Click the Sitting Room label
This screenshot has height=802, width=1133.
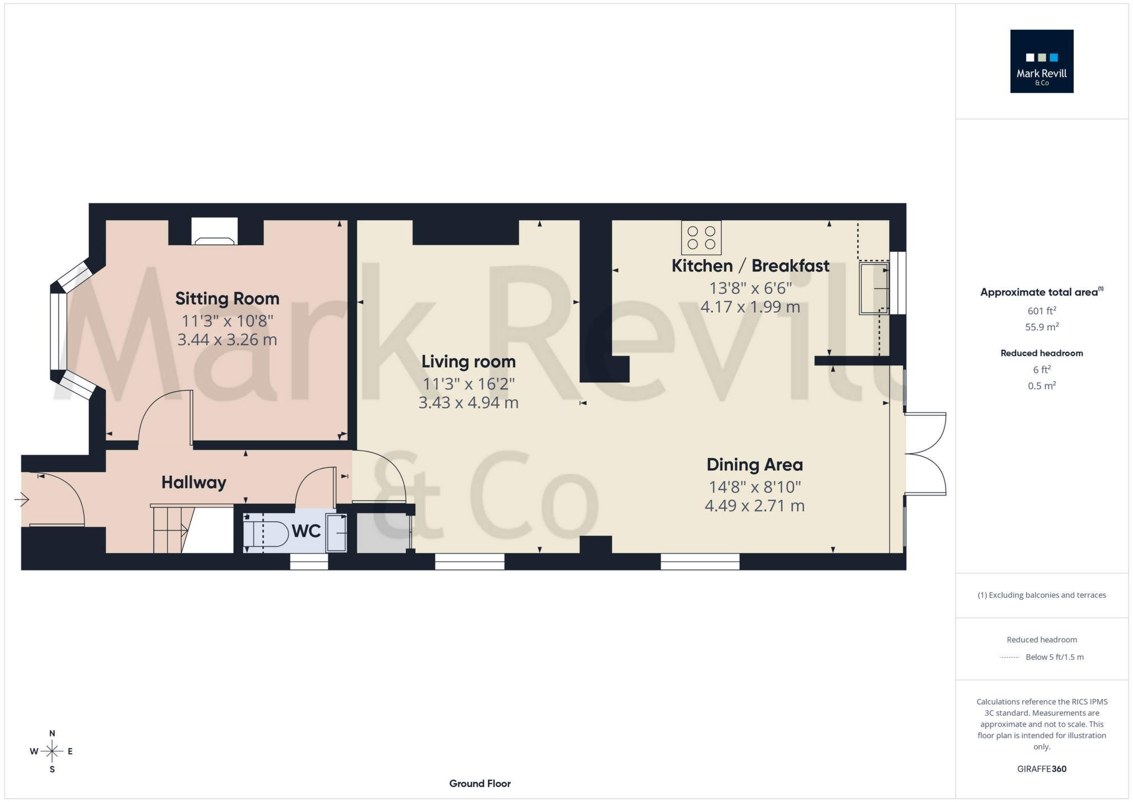(x=227, y=298)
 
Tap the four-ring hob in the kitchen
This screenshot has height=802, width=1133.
(x=701, y=238)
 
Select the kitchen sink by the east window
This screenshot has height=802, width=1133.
(x=873, y=288)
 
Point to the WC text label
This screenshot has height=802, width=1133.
(x=306, y=531)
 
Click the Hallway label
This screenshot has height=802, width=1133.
(x=194, y=482)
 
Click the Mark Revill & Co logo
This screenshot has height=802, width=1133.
(x=1041, y=61)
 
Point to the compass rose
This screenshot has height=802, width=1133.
(x=52, y=751)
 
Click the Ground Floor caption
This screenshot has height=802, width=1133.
(x=479, y=784)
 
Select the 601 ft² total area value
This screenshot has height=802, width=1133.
(x=1041, y=311)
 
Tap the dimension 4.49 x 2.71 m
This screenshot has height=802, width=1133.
(x=754, y=506)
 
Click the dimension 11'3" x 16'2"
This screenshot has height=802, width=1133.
(x=468, y=384)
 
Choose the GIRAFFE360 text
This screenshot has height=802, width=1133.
(x=1041, y=769)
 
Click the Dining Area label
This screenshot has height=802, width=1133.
(x=754, y=465)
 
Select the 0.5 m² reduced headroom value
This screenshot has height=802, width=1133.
(x=1041, y=386)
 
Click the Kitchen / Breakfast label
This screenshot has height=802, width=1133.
(x=750, y=266)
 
